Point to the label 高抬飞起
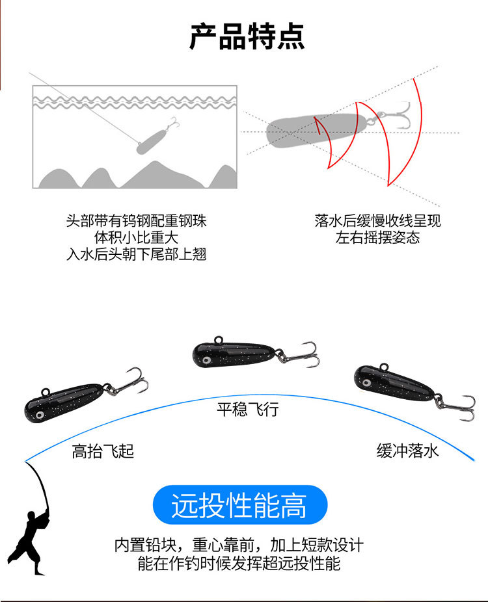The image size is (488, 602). click(103, 451)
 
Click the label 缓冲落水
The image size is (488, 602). click(407, 451)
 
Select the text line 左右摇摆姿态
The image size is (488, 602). click(377, 237)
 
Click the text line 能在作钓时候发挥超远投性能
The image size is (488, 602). click(239, 563)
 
